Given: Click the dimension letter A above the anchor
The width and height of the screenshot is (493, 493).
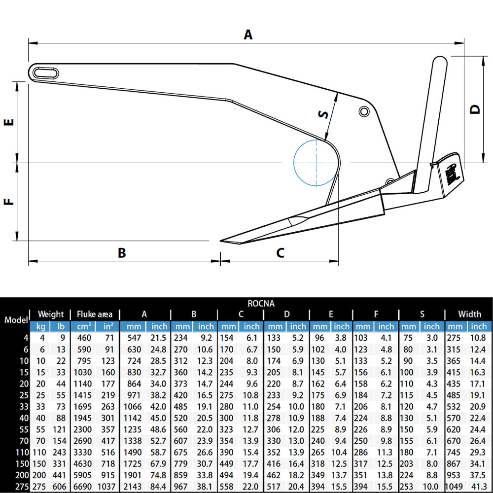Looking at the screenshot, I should tap(248, 35).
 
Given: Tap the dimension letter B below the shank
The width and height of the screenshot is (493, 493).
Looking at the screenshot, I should tap(122, 253).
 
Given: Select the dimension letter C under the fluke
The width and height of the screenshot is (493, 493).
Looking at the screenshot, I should tap(280, 253).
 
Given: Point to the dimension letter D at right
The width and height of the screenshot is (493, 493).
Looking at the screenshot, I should tap(475, 109).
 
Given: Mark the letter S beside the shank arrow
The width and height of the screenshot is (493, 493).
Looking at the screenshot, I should tap(323, 114).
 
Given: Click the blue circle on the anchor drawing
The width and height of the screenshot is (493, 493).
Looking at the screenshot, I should tap(316, 162).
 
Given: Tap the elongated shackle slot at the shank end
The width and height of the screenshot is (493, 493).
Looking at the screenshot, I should tap(46, 72).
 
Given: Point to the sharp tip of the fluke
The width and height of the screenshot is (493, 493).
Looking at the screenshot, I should tap(222, 241).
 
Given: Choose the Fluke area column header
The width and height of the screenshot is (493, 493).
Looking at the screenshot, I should tap(95, 314).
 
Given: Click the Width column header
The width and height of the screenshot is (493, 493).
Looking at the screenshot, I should tap(469, 314).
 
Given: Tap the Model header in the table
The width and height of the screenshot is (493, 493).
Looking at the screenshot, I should tap(16, 319).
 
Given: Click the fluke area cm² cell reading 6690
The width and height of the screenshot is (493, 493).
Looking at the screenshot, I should tap(83, 487).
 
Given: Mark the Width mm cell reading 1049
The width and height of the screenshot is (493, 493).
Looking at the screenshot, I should tap(455, 487).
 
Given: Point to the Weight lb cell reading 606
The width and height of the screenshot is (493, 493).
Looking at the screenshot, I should tap(60, 487).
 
